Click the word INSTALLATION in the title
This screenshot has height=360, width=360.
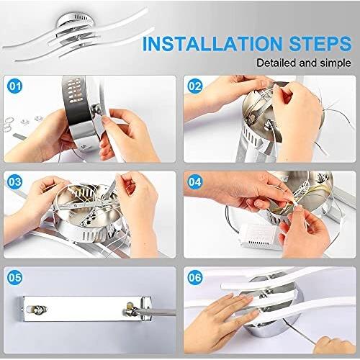pos(212,44)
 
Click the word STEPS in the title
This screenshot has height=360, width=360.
pos(320,44)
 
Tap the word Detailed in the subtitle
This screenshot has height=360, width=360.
pos(276,63)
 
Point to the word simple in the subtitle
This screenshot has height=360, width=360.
pos(336,63)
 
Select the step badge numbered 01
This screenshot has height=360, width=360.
pos(15,86)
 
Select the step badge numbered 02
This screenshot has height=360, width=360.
pos(195,86)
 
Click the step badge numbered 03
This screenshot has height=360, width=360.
pos(15,182)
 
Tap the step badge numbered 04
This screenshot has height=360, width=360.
pos(195,182)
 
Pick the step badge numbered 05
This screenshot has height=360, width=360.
pos(15,277)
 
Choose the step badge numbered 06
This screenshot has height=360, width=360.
pos(195,277)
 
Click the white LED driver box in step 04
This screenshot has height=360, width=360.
pos(259,236)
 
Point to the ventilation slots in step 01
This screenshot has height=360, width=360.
pos(74,91)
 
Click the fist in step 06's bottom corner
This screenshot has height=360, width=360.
pos(337,345)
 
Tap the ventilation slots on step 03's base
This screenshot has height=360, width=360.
pos(93,235)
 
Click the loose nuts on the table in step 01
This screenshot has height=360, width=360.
pos(31,120)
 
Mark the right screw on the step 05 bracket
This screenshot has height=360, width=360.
pos(131,310)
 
